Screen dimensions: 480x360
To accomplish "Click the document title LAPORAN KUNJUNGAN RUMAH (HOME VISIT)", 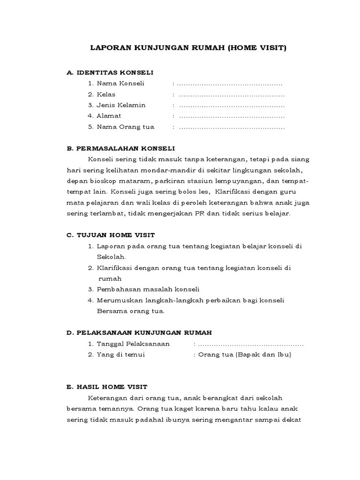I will point(187,48).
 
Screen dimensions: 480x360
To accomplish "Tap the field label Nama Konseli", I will point(120,83).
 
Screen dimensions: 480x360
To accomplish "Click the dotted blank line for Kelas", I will point(232,94).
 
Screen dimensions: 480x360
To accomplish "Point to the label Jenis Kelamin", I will point(121,105).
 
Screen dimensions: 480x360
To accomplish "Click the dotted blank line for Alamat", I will point(232,116).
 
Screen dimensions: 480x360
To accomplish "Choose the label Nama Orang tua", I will point(125,127).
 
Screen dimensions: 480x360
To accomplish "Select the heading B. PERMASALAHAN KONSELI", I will point(121,148).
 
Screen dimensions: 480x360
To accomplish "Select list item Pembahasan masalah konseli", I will point(148,289).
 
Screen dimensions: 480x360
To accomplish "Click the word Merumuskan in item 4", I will point(116,300).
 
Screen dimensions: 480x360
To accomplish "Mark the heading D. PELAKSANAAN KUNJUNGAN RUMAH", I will point(139,332).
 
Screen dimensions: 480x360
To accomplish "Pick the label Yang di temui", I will point(120,355).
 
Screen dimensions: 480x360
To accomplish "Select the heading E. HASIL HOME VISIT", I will point(107,387).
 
